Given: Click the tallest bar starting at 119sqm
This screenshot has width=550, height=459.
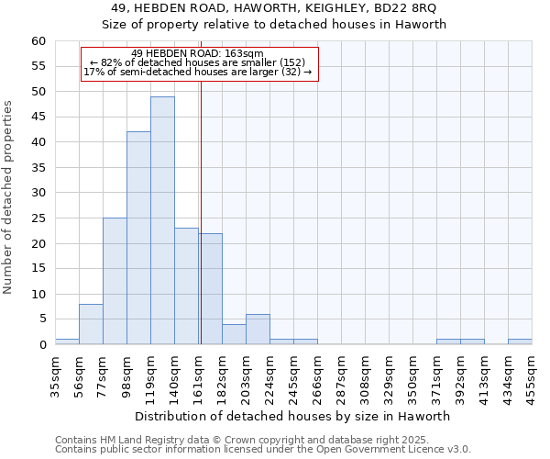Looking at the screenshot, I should (x=162, y=220).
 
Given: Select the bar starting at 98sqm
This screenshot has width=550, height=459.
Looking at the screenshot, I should (x=138, y=238).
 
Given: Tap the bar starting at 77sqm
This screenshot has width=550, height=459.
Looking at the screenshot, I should (x=115, y=281).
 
